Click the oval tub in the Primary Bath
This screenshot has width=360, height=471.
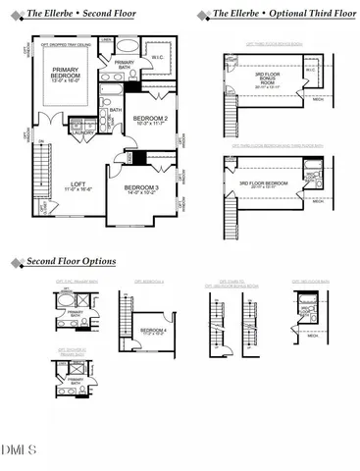[x=126, y=48]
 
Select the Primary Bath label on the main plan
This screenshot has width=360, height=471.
[x=125, y=66]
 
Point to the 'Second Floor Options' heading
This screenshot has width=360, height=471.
[x=71, y=262]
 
